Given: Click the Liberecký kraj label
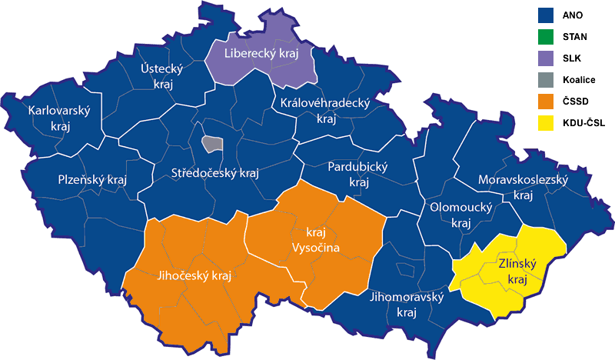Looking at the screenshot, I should (x=260, y=53).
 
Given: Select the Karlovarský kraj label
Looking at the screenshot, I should (x=59, y=118).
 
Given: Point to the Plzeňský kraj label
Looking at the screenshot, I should (x=92, y=179).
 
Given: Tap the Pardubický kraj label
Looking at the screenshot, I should (x=358, y=174).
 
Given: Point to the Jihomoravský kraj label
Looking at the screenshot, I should (x=407, y=305).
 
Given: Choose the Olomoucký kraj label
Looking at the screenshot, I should (x=460, y=215).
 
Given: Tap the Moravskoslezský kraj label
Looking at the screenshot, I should (x=523, y=187).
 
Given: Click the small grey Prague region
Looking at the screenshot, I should (x=212, y=144).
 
